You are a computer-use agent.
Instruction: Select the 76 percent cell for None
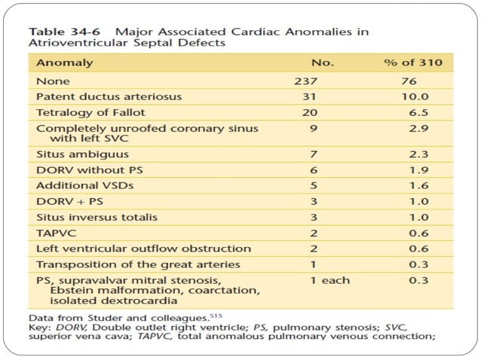click(x=408, y=81)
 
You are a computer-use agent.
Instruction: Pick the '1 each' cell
click(x=330, y=280)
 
